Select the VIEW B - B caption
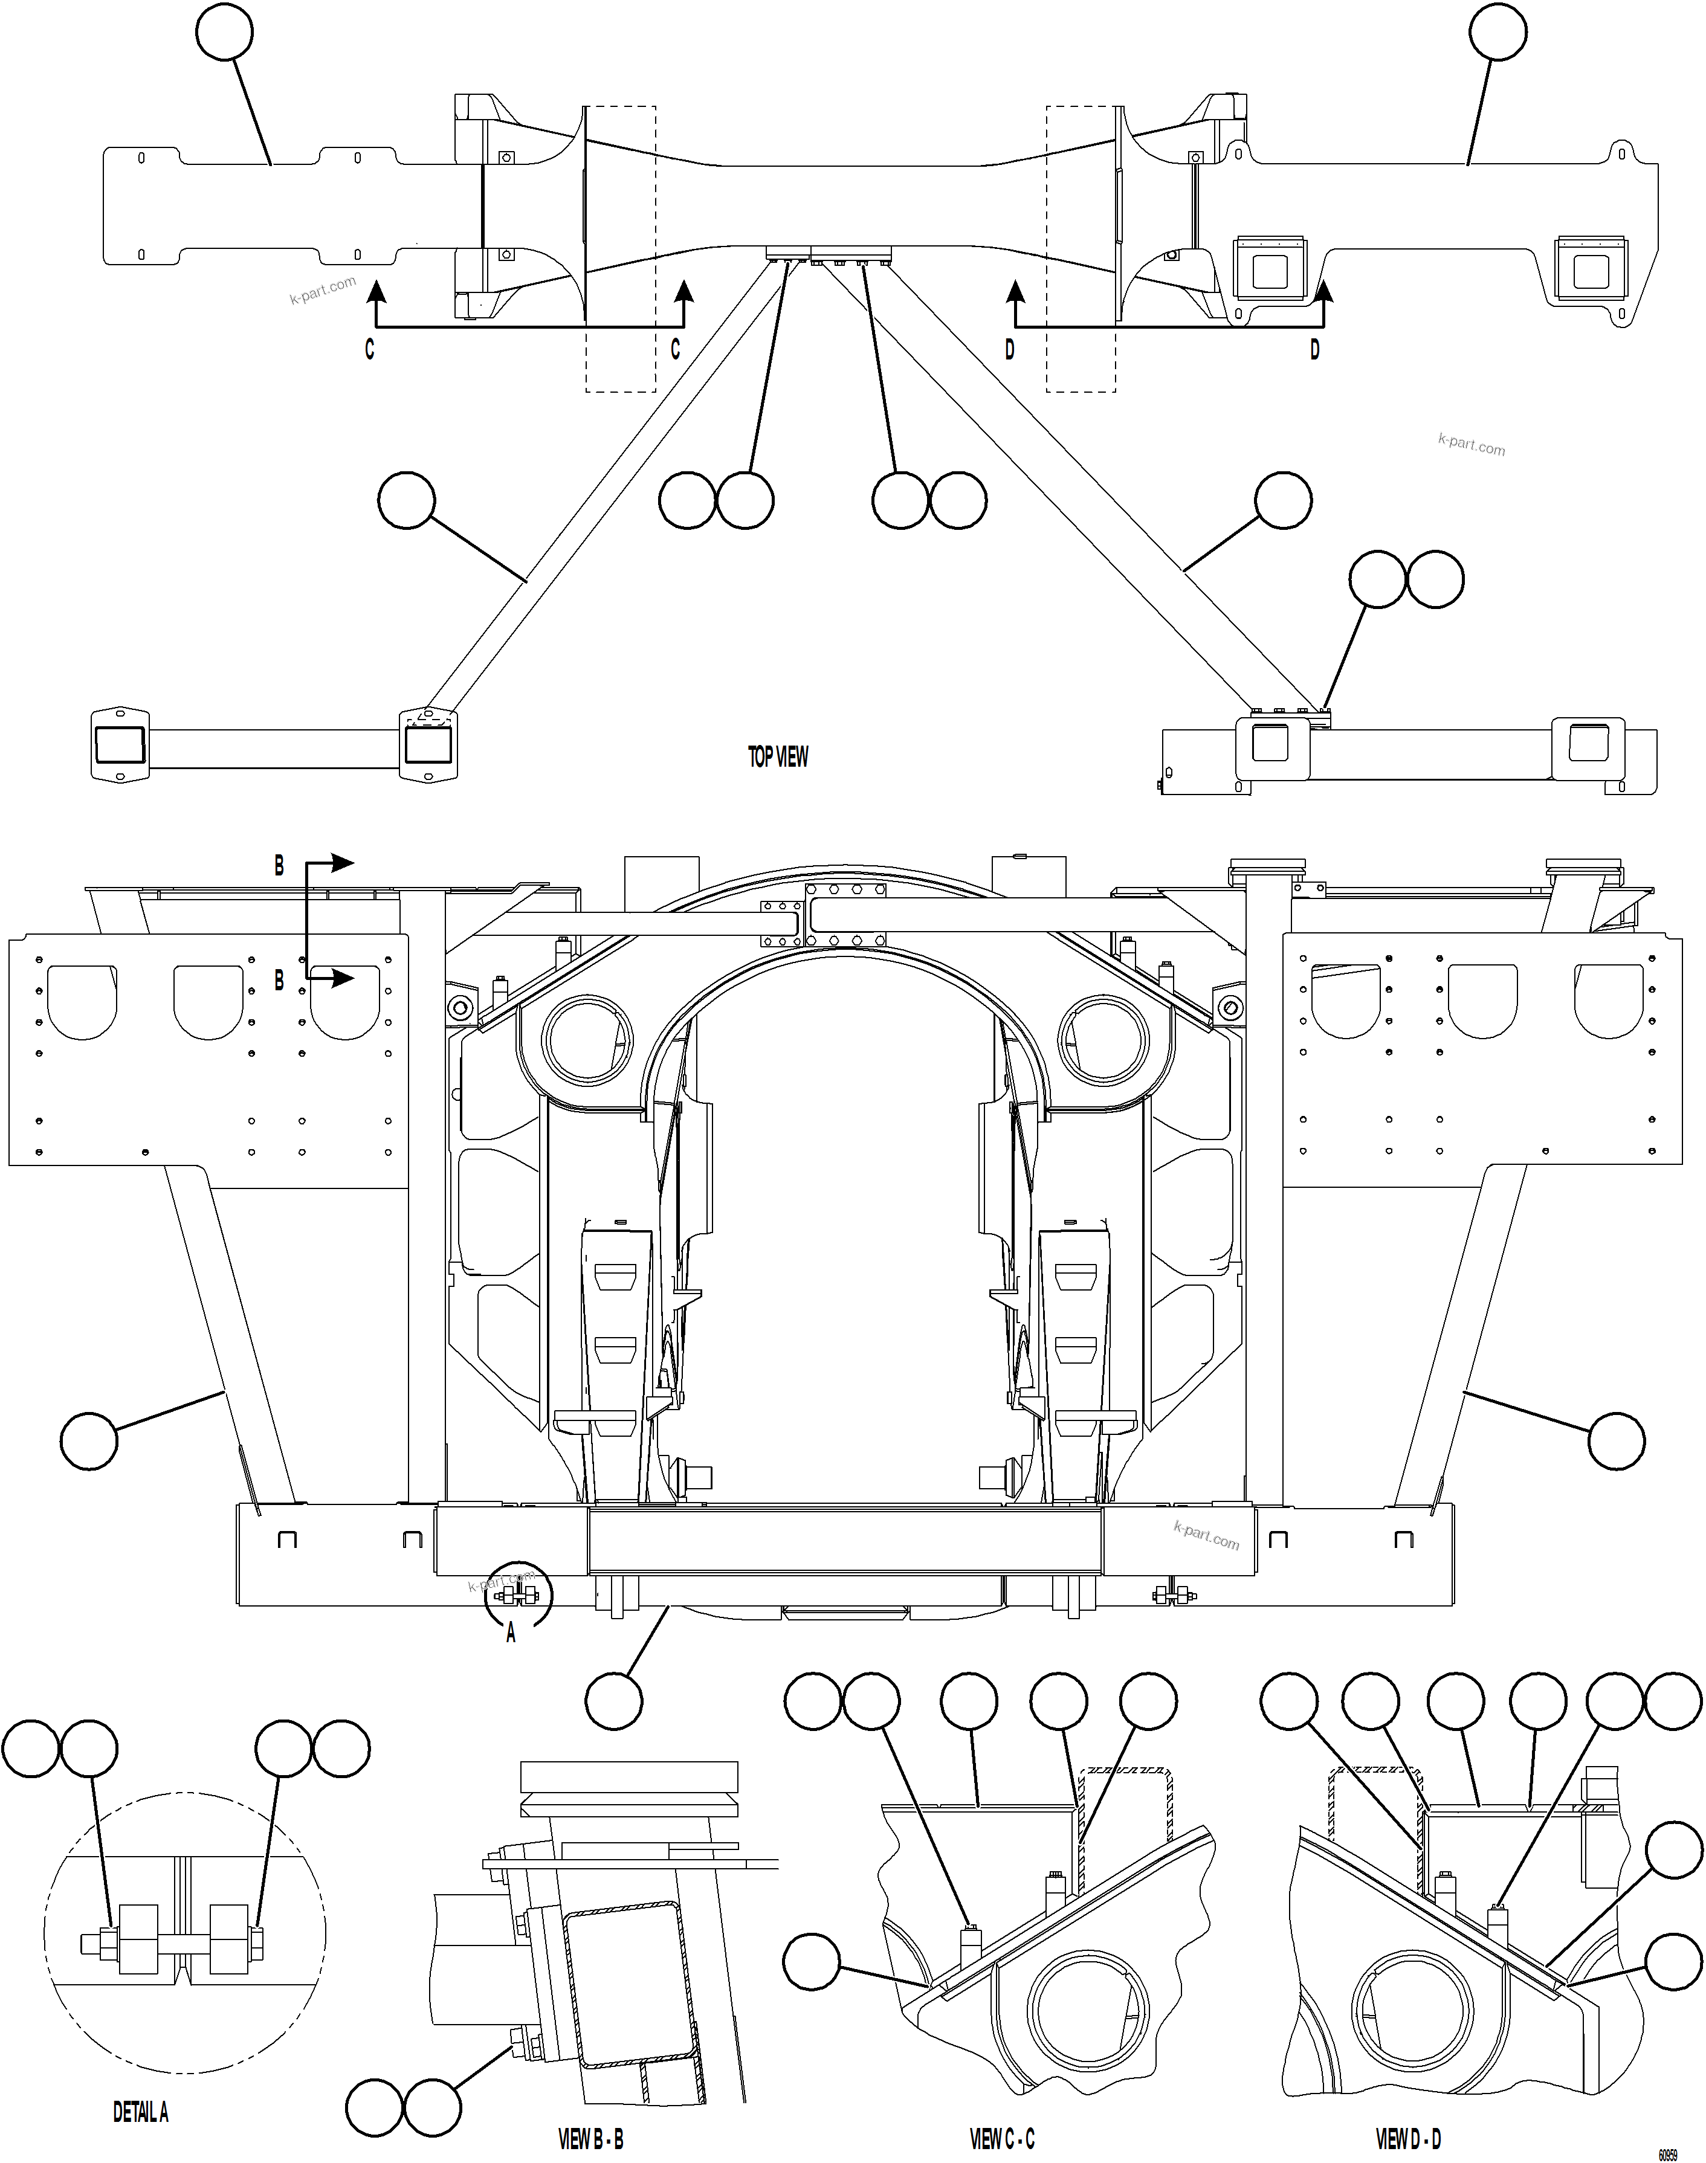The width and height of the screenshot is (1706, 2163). point(590,2139)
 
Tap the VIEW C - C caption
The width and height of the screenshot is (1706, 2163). point(1002,2139)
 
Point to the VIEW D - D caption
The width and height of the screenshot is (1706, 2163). point(1407,2139)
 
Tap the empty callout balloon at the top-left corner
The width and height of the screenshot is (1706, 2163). point(225,33)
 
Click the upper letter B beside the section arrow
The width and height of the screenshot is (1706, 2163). point(280,866)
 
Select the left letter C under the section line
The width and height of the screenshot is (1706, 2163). point(370,349)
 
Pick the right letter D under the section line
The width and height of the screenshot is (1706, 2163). point(1314,349)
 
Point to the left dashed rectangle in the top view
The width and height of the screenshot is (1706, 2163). point(620,249)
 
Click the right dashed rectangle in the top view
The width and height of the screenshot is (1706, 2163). point(1081,249)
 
